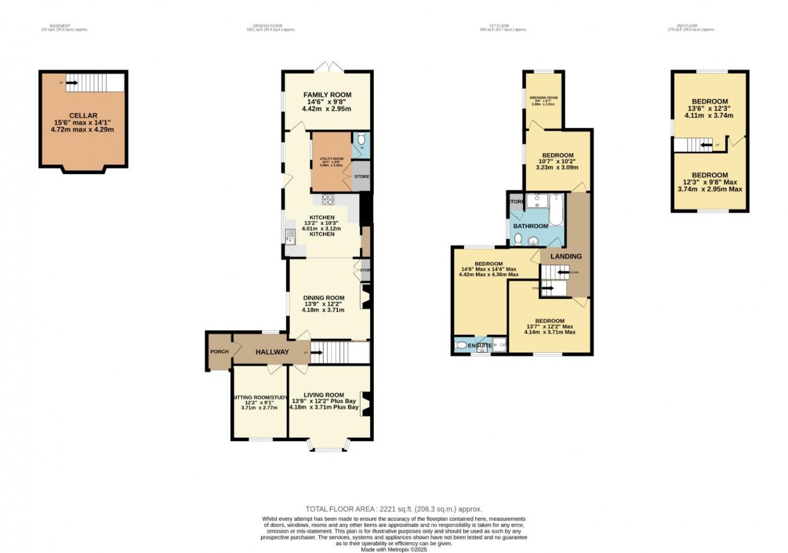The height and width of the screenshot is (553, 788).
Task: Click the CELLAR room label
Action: click(x=83, y=116)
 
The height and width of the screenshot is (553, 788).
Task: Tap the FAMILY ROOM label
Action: click(x=327, y=94)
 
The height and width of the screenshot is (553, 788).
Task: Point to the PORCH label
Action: click(x=219, y=351)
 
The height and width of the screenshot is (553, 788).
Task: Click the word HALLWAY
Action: click(x=272, y=352)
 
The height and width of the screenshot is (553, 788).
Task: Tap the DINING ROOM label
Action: click(x=324, y=298)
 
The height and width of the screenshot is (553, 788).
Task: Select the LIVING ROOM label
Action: click(x=324, y=395)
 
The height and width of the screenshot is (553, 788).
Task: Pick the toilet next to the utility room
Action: click(x=361, y=138)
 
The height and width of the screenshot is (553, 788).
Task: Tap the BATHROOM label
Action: click(x=530, y=226)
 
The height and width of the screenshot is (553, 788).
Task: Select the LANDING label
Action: click(x=566, y=256)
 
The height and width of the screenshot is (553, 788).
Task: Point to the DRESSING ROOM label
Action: click(x=543, y=98)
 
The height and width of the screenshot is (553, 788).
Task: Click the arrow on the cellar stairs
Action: click(x=72, y=83)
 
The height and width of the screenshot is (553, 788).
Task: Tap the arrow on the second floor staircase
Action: click(x=706, y=145)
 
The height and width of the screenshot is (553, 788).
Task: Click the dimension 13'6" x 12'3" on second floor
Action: click(x=709, y=109)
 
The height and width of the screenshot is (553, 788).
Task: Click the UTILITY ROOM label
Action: click(x=331, y=158)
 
